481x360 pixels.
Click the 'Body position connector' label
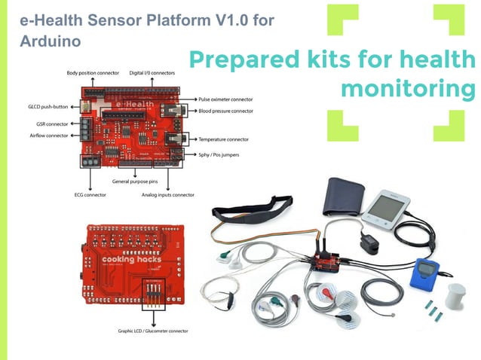tap(93, 73)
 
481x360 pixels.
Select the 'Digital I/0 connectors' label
tap(153, 73)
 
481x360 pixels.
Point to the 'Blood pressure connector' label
tap(225, 111)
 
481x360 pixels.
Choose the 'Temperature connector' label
tap(223, 139)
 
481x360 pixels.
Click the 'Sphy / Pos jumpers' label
tap(222, 154)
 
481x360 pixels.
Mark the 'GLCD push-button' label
tap(47, 108)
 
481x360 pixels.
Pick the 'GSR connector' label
tap(51, 124)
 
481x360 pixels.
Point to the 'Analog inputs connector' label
tap(167, 194)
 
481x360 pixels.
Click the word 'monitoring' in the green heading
tap(408, 89)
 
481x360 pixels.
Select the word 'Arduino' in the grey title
tap(51, 41)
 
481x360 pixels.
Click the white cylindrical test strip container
tap(456, 295)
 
